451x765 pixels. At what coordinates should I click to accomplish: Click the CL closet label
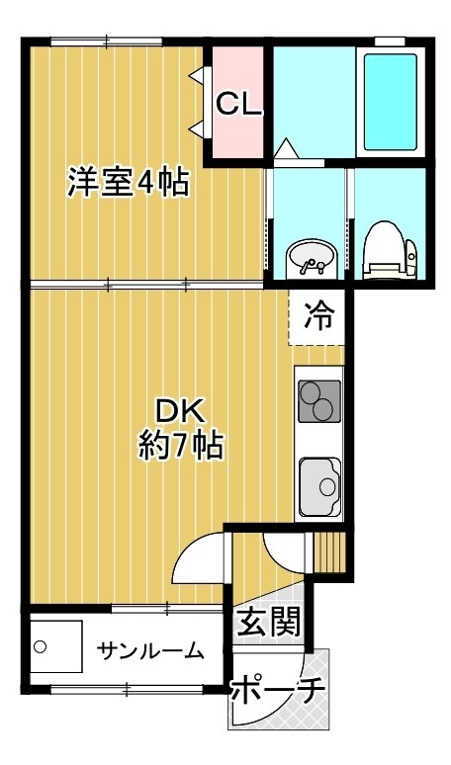click(238, 104)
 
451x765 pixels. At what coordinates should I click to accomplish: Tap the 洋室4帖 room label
click(128, 182)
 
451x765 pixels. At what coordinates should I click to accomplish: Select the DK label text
click(178, 414)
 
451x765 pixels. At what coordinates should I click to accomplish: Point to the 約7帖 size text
click(181, 446)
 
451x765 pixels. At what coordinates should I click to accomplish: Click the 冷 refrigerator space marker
click(319, 316)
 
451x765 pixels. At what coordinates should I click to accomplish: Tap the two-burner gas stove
click(319, 401)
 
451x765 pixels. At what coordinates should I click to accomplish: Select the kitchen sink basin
click(319, 486)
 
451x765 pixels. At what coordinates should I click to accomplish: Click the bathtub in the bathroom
click(391, 102)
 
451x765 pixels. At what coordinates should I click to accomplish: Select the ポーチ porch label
click(277, 689)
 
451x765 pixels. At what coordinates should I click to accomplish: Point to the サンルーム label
click(150, 650)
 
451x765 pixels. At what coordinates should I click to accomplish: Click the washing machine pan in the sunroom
click(56, 646)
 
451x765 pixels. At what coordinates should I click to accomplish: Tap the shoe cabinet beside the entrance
click(329, 552)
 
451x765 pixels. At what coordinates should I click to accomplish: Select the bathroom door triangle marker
click(286, 148)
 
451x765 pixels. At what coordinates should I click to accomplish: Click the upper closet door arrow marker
click(199, 76)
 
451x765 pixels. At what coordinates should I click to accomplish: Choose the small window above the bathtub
click(390, 42)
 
